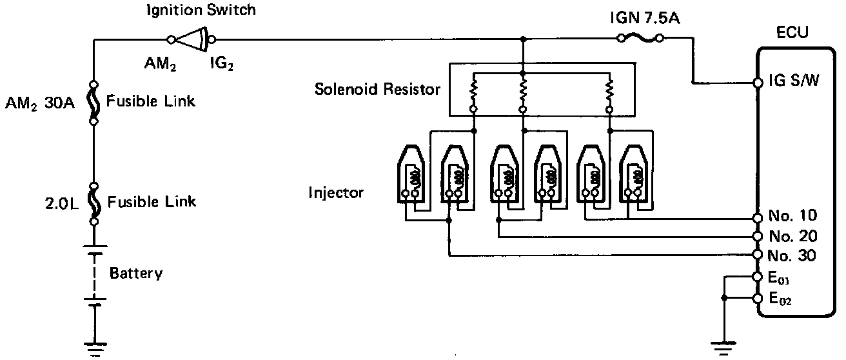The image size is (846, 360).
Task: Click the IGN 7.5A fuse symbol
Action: click(x=640, y=39)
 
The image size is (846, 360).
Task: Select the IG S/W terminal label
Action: click(x=795, y=83)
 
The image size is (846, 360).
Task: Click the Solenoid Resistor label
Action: click(x=377, y=88)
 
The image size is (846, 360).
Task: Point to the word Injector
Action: click(x=336, y=192)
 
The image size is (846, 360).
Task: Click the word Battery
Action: click(x=136, y=273)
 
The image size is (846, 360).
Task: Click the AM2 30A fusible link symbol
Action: click(x=94, y=103)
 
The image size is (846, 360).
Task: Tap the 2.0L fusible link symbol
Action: click(x=94, y=203)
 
